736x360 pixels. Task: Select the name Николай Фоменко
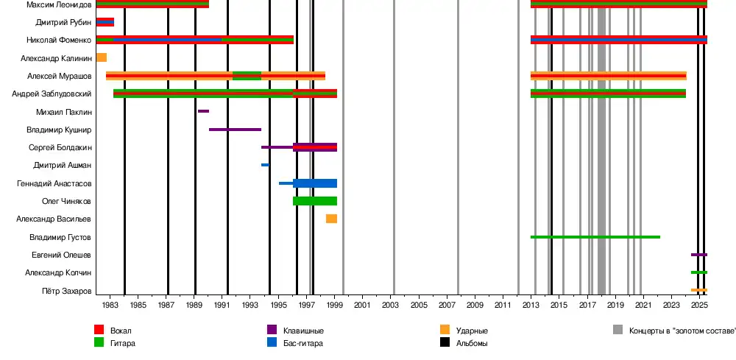point(59,40)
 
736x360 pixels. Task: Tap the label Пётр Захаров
point(67,291)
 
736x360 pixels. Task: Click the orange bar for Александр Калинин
point(102,57)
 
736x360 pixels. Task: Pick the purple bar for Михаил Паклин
point(203,111)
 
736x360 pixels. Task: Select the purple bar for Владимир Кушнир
point(235,130)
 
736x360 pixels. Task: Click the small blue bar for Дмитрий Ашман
point(265,165)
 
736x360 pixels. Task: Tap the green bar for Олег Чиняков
point(315,201)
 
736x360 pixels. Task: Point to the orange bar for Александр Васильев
point(332,219)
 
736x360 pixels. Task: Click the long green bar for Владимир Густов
point(595,237)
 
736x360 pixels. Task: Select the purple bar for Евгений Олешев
point(699,255)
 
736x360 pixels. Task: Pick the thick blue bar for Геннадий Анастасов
point(315,183)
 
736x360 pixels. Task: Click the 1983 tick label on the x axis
point(110,305)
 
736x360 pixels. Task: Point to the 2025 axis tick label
point(699,305)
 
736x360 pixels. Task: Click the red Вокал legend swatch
point(99,331)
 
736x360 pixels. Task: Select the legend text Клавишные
point(304,331)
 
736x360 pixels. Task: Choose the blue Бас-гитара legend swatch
point(272,342)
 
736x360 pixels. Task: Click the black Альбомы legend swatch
point(445,342)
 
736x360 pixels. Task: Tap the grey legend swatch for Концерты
point(618,331)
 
